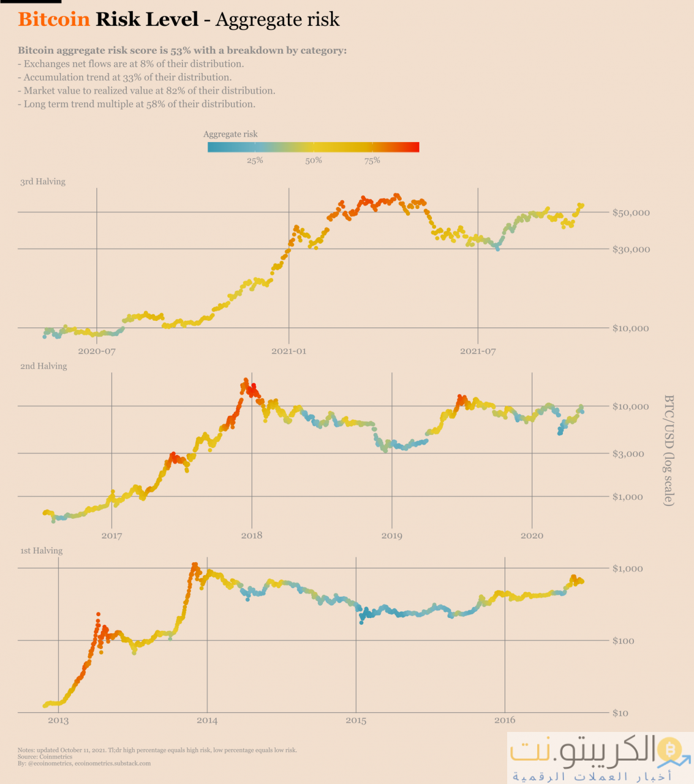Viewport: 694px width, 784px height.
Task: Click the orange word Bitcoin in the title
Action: click(54, 19)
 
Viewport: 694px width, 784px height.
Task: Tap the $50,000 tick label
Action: click(631, 213)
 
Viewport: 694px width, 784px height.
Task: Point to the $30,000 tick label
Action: click(631, 249)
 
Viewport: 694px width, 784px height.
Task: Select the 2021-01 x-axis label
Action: click(289, 351)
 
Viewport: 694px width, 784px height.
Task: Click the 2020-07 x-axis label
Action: click(97, 351)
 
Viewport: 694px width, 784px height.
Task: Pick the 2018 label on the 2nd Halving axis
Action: click(252, 535)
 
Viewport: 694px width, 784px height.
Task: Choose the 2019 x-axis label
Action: click(392, 535)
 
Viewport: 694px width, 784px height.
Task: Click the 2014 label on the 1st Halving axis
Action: click(207, 720)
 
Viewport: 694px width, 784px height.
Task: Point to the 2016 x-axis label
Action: click(505, 720)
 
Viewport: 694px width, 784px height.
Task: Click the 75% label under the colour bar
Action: click(372, 160)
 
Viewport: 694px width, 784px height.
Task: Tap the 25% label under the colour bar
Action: click(255, 160)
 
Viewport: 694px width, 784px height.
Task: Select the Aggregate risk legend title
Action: click(230, 134)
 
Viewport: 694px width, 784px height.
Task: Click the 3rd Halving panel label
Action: click(43, 181)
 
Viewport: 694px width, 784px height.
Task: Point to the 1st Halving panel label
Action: click(42, 551)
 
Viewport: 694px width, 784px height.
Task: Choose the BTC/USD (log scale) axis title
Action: click(669, 450)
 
